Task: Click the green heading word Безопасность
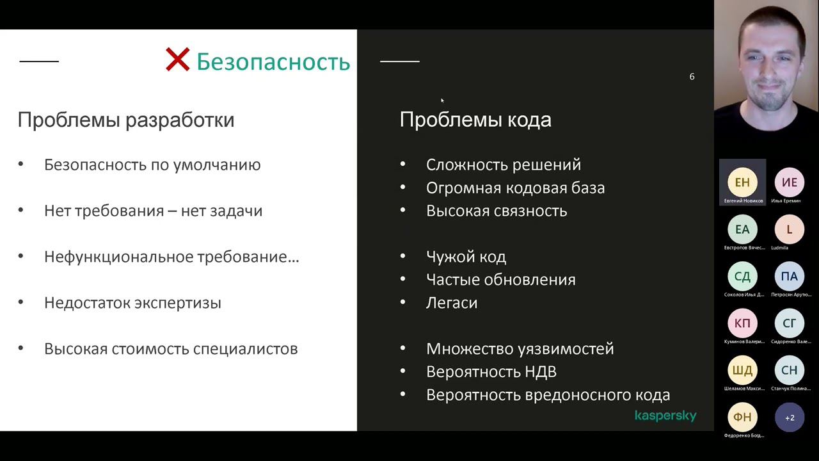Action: (273, 62)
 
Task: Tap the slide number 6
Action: (692, 77)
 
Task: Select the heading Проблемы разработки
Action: (125, 120)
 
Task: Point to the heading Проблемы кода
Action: (475, 120)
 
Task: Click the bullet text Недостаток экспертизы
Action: (132, 303)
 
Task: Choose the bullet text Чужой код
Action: (466, 257)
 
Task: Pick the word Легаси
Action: (452, 303)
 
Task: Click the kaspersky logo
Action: (665, 416)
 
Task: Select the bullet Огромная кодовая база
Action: (515, 188)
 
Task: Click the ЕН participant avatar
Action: (742, 182)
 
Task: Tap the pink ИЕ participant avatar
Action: (790, 182)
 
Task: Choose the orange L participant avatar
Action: (790, 229)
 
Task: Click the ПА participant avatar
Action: (790, 277)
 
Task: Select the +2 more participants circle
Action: (790, 417)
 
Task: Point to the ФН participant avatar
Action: (742, 417)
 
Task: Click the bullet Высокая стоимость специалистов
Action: (171, 349)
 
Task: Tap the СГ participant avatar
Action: (790, 323)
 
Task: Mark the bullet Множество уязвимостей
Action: (520, 349)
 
